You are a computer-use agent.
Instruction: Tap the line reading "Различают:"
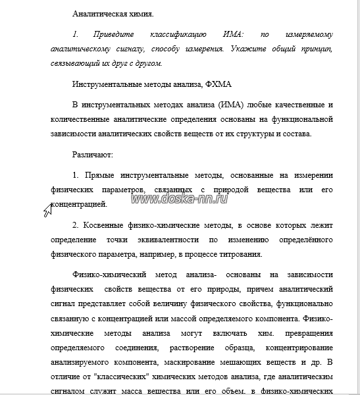coord(93,155)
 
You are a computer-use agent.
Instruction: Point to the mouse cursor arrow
coord(47,210)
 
